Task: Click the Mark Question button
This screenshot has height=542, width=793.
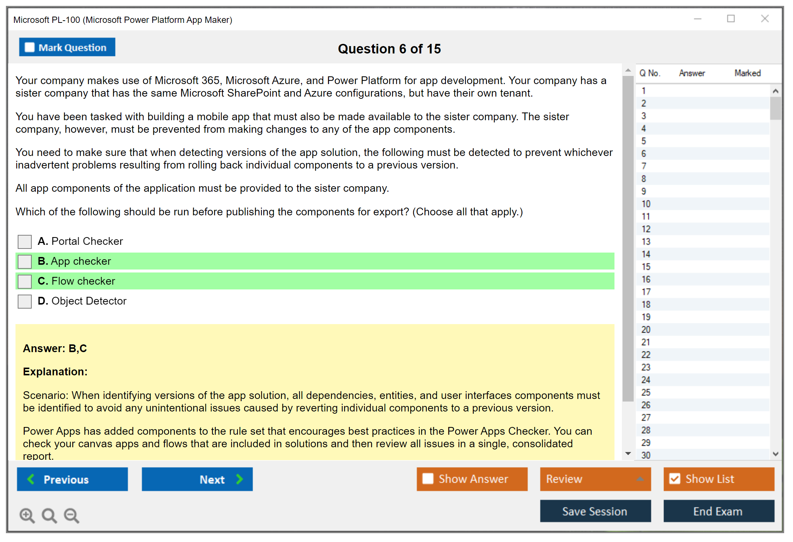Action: [x=67, y=47]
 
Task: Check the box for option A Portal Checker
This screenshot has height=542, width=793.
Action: [x=25, y=242]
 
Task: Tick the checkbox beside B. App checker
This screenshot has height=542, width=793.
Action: [x=25, y=262]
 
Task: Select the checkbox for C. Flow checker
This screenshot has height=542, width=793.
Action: [x=25, y=282]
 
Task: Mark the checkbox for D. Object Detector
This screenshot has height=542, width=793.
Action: [x=25, y=302]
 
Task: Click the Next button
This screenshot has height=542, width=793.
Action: [x=197, y=479]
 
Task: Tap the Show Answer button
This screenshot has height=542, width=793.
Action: [x=472, y=479]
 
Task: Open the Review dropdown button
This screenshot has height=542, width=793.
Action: [x=596, y=479]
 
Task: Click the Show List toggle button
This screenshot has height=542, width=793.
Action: [x=719, y=479]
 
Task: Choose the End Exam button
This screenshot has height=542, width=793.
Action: [x=719, y=511]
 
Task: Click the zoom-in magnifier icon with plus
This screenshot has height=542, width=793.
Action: [x=27, y=515]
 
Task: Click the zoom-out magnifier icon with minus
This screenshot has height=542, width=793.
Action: [x=72, y=515]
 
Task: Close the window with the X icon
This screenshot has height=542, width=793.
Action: [x=765, y=18]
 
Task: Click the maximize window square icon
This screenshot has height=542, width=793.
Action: [x=731, y=18]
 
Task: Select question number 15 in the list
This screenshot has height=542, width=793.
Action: [x=646, y=267]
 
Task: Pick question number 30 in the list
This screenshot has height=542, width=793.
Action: [x=646, y=455]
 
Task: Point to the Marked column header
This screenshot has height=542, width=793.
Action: [x=748, y=73]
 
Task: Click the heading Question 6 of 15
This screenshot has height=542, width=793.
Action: [x=389, y=49]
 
